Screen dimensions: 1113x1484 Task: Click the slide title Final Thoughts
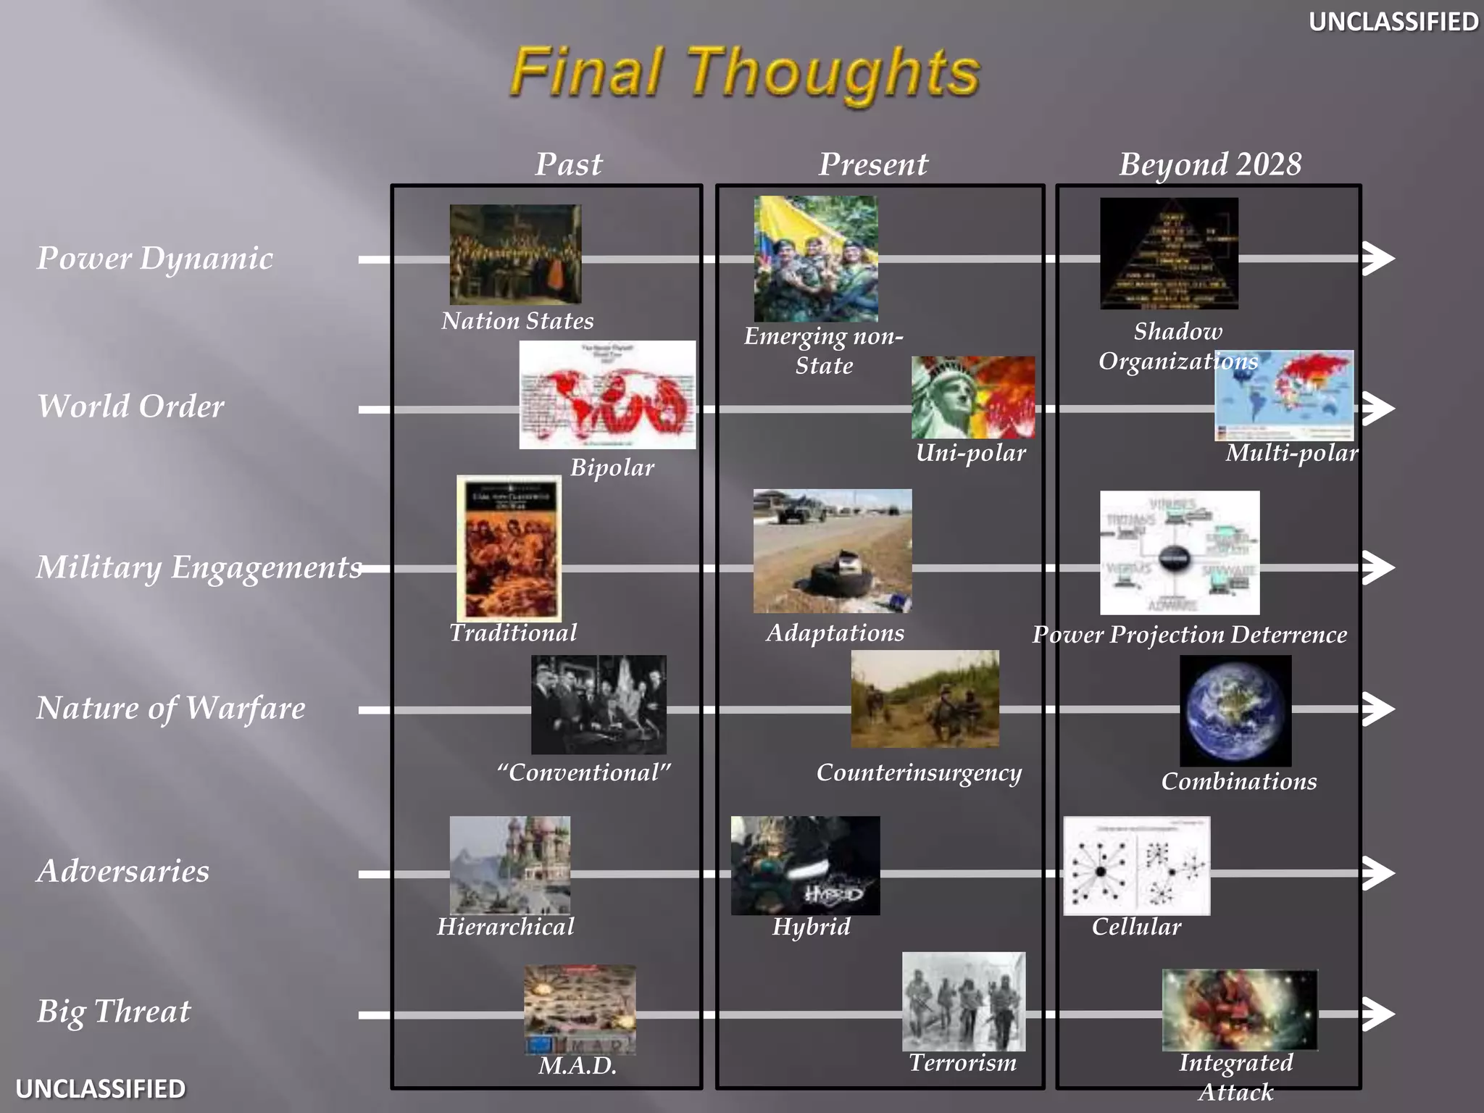[745, 72]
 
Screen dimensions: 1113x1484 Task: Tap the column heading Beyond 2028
[1210, 164]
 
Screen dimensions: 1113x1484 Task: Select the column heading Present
[873, 164]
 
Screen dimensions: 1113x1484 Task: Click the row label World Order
[131, 407]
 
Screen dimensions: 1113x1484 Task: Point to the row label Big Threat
[114, 1012]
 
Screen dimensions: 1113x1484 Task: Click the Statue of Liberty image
[972, 397]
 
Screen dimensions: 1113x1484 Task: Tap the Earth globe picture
[1235, 711]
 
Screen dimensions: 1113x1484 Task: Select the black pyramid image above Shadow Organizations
[1169, 254]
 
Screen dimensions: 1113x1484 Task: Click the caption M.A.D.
[578, 1066]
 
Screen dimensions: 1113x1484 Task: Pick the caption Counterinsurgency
[919, 773]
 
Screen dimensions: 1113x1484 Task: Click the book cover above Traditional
[509, 549]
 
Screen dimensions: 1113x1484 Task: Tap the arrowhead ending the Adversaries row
[1377, 872]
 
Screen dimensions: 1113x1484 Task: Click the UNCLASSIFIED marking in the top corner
[1393, 22]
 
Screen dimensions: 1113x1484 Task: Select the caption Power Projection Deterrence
[1189, 635]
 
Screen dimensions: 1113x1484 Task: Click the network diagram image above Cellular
[1136, 866]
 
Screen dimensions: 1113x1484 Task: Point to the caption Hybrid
[811, 927]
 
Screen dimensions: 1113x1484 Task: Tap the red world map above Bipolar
[607, 395]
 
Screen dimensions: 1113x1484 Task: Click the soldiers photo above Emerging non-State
[816, 259]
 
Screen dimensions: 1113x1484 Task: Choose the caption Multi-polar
[1291, 453]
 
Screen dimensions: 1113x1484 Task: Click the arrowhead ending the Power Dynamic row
[1377, 259]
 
